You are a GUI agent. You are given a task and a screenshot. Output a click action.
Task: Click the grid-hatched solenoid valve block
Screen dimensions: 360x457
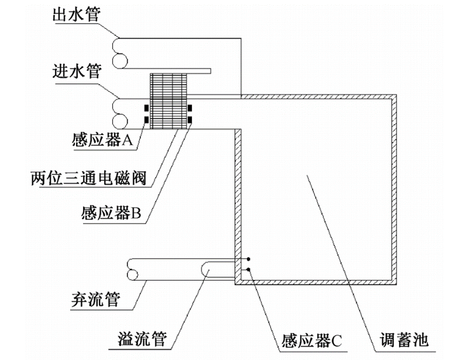(169, 101)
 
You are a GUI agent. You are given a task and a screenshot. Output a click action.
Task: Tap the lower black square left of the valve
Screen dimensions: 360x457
(146, 124)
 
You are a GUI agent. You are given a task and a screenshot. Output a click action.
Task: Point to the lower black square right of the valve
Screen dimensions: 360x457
(190, 124)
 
